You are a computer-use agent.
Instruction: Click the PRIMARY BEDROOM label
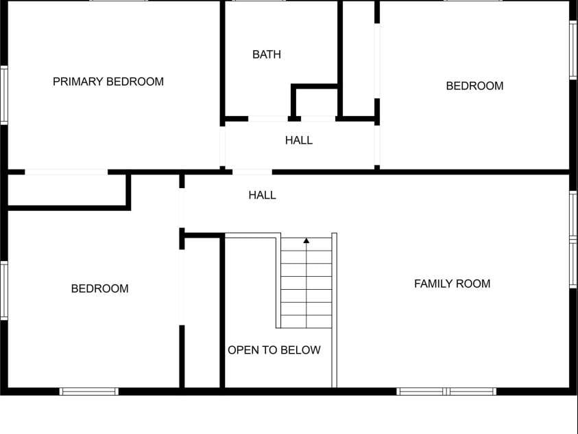(x=108, y=82)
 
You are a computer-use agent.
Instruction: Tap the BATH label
(x=267, y=55)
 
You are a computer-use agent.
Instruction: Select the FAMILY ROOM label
(x=452, y=284)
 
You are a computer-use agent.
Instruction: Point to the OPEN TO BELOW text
(x=274, y=350)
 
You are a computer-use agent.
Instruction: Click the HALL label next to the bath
(x=299, y=140)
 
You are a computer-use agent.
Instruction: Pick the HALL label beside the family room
(x=262, y=195)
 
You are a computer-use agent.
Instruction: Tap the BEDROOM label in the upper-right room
(x=474, y=86)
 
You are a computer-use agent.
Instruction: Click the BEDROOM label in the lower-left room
(x=99, y=288)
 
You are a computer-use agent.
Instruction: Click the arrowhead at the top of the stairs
(x=306, y=240)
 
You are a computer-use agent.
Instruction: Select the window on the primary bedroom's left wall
(x=3, y=95)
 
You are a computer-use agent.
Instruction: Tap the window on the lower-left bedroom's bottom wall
(x=89, y=391)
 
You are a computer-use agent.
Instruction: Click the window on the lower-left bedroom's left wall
(x=3, y=290)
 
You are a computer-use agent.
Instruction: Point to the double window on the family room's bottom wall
(x=446, y=391)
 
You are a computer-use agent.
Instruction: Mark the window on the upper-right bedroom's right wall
(x=574, y=50)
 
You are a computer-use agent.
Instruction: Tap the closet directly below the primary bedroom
(x=67, y=190)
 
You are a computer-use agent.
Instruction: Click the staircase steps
(x=306, y=283)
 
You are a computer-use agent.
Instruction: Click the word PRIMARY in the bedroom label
(x=77, y=82)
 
